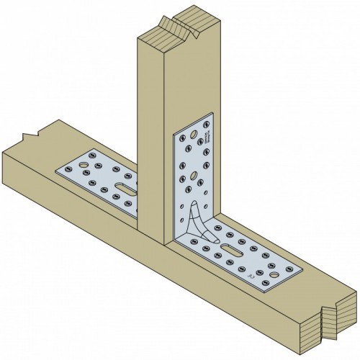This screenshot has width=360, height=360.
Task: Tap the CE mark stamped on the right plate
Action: (x=249, y=275)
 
